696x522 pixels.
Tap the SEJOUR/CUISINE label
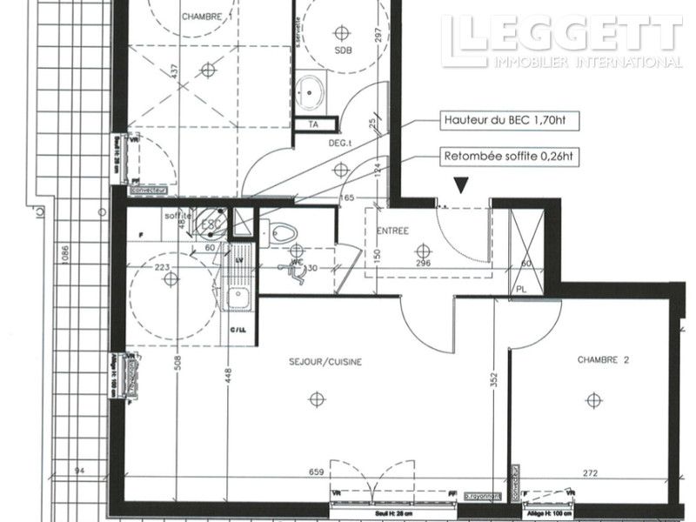(x=325, y=361)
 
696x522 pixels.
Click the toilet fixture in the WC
(x=280, y=232)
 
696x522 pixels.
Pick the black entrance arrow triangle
(x=460, y=184)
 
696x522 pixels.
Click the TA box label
(x=313, y=124)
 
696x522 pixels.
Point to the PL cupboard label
(x=522, y=290)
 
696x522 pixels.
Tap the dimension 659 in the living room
(x=315, y=472)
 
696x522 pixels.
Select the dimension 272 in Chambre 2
(x=591, y=472)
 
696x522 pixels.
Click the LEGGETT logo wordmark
(x=561, y=35)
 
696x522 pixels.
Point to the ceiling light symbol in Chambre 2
(x=593, y=399)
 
